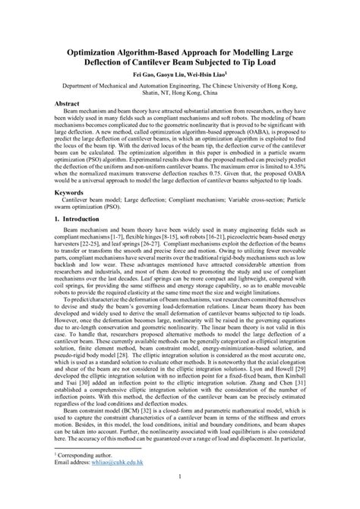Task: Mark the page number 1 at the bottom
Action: (x=180, y=498)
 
